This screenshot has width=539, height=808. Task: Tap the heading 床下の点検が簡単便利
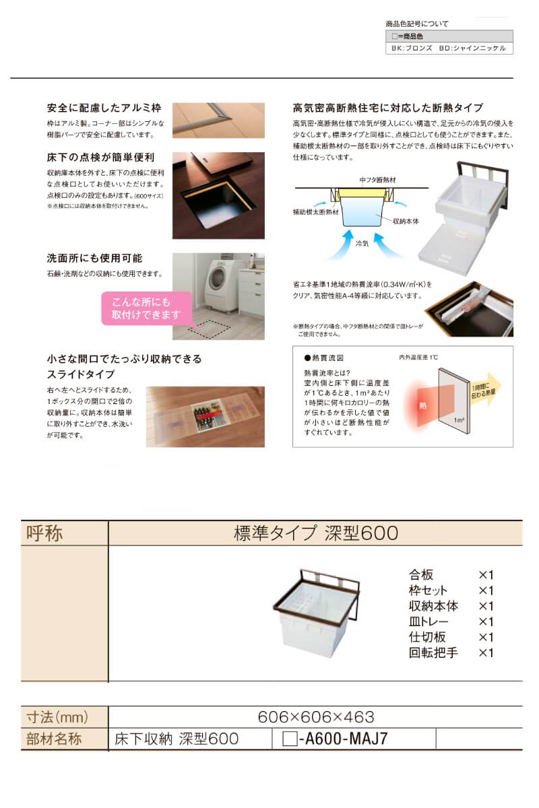pyautogui.click(x=101, y=158)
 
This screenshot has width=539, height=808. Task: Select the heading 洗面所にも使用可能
pyautogui.click(x=94, y=258)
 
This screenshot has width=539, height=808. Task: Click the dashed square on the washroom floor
pyautogui.click(x=210, y=328)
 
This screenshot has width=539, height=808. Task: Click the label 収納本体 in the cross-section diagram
pyautogui.click(x=408, y=220)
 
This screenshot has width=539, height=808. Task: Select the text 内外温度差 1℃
pyautogui.click(x=418, y=357)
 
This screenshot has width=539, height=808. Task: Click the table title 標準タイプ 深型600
pyautogui.click(x=315, y=533)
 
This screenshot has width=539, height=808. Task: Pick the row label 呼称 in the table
pyautogui.click(x=44, y=533)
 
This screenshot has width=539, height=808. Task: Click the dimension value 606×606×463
pyautogui.click(x=315, y=717)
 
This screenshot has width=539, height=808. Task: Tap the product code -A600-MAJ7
pyautogui.click(x=343, y=739)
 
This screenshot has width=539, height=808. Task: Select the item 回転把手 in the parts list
pyautogui.click(x=433, y=652)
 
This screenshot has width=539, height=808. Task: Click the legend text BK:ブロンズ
pyautogui.click(x=412, y=48)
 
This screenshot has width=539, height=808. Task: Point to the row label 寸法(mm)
pyautogui.click(x=57, y=717)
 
